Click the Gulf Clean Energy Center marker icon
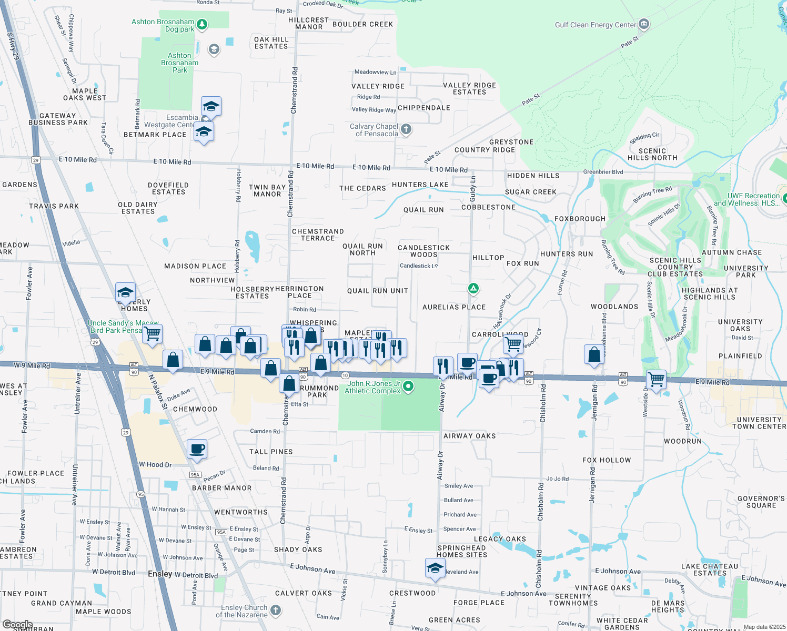pos(644,24)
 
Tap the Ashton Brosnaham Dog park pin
pos(201,25)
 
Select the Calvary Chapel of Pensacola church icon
pos(406,129)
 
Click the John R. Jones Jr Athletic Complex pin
pos(408,387)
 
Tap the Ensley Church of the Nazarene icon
pos(276,610)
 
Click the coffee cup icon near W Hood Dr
pos(197,449)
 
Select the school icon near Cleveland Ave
pos(435,568)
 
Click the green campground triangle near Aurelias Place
pos(473,288)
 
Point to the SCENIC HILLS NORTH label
pos(652,154)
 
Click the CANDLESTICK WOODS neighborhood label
pos(423,251)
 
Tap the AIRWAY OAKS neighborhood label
pos(469,436)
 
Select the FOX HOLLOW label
pos(607,460)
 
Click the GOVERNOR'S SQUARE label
pos(761,502)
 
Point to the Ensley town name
pos(160,574)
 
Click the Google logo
pos(17,625)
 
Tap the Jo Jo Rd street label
pos(557,479)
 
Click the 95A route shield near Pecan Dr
pos(195,475)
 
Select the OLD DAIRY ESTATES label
pos(138,208)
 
